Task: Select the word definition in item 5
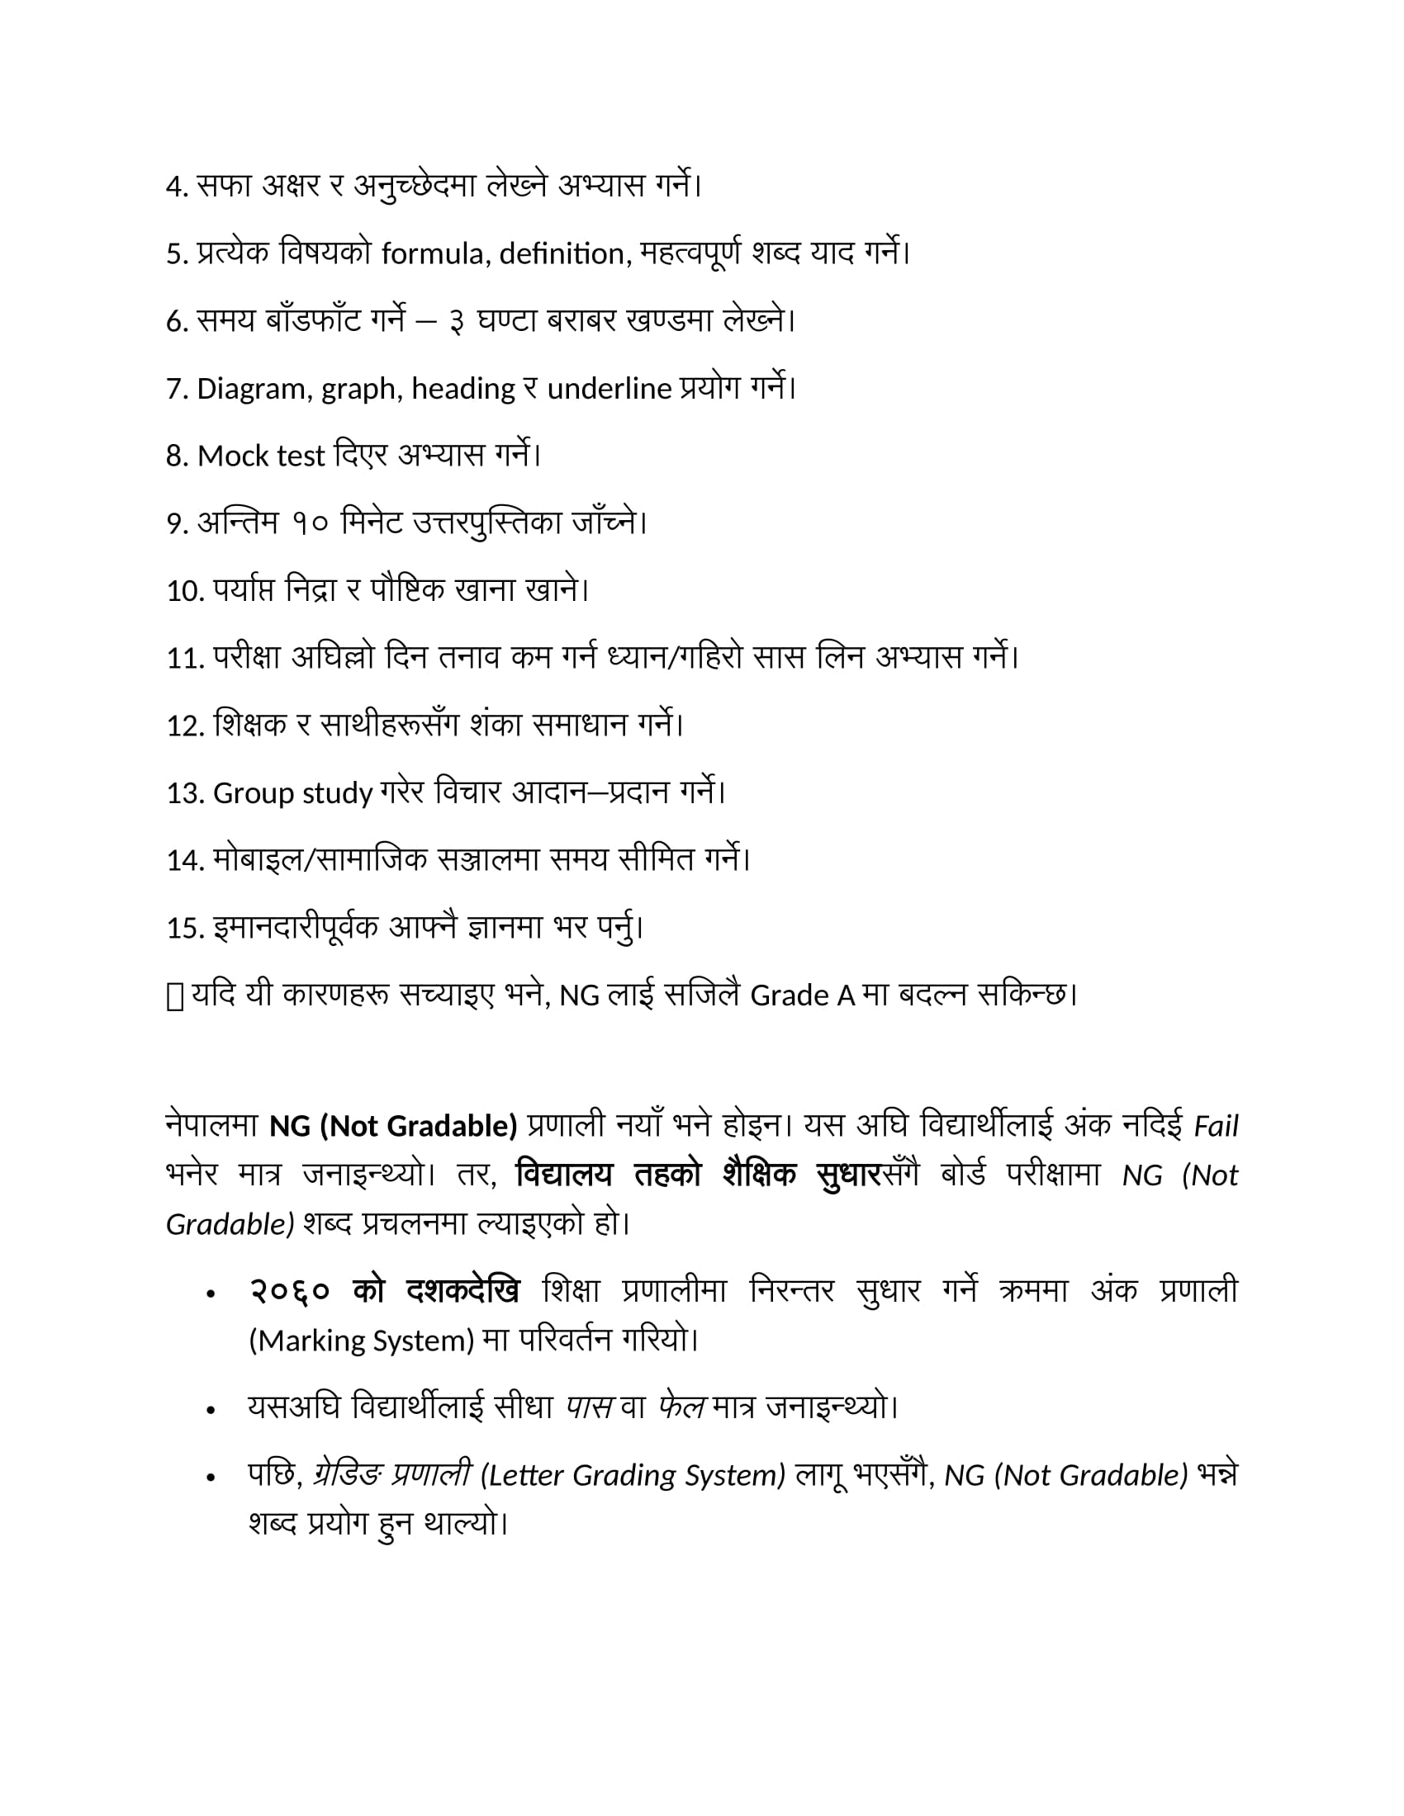click(x=562, y=253)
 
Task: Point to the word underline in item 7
click(x=609, y=389)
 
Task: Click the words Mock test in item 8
click(x=260, y=456)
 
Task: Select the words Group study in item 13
click(x=293, y=793)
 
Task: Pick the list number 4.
click(x=175, y=187)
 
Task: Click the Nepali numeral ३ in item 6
click(x=457, y=322)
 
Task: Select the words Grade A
click(x=802, y=995)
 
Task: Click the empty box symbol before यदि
click(x=174, y=996)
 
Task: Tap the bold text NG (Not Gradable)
click(x=393, y=1126)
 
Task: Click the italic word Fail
click(x=1216, y=1127)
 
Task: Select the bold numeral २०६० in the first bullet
click(x=290, y=1291)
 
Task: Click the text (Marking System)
click(x=361, y=1341)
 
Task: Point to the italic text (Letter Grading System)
click(x=633, y=1475)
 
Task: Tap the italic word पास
click(x=590, y=1407)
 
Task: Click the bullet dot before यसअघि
click(x=211, y=1410)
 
